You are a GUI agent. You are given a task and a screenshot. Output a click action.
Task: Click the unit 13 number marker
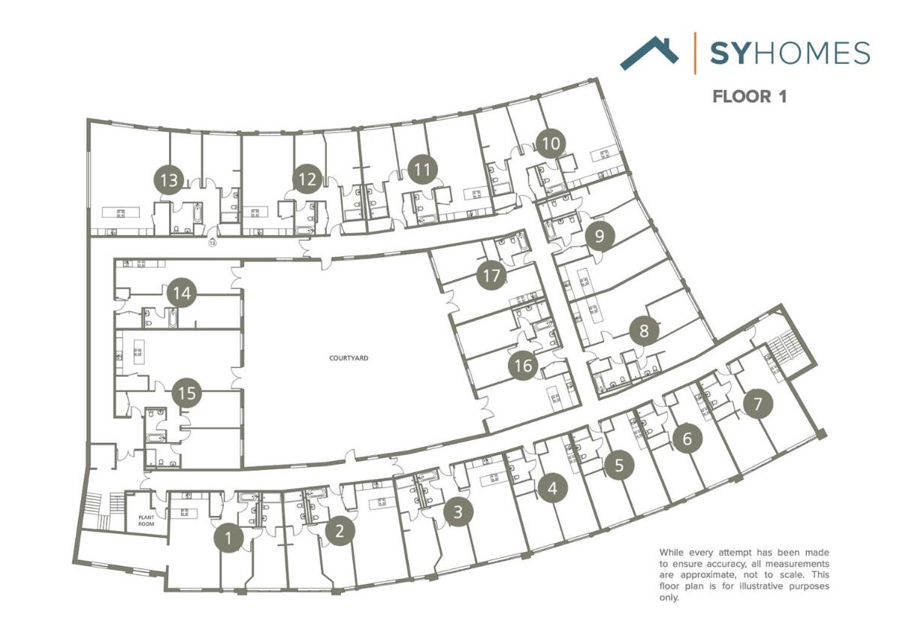(x=170, y=180)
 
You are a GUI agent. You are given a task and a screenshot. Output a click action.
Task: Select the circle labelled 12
(x=307, y=179)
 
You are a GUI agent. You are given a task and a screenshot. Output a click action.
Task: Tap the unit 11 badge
(x=423, y=170)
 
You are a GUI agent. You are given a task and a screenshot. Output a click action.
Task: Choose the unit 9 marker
(x=599, y=237)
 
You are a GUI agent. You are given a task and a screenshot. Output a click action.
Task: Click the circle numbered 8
(x=644, y=330)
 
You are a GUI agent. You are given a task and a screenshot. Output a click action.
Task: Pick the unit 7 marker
(x=757, y=405)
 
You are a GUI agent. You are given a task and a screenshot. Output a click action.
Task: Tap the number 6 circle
(x=687, y=439)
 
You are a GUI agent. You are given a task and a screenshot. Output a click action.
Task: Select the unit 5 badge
(x=619, y=465)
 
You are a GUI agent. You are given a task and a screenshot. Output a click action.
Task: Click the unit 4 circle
(x=553, y=489)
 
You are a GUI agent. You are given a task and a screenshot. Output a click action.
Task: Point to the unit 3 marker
(x=458, y=513)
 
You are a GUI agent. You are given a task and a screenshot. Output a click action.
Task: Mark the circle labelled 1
(x=228, y=538)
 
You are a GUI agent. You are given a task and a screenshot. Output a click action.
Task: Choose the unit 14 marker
(x=182, y=293)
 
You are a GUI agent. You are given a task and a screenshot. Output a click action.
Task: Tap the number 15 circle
(x=188, y=393)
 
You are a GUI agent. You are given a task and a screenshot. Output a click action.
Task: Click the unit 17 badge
(x=491, y=276)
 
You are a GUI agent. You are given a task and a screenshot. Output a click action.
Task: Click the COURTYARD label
(x=349, y=359)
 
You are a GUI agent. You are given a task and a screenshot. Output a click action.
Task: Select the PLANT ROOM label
(x=146, y=520)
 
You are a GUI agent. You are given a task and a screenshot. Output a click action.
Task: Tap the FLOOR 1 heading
(x=749, y=97)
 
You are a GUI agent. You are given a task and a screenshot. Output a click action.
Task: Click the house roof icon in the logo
(x=649, y=53)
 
